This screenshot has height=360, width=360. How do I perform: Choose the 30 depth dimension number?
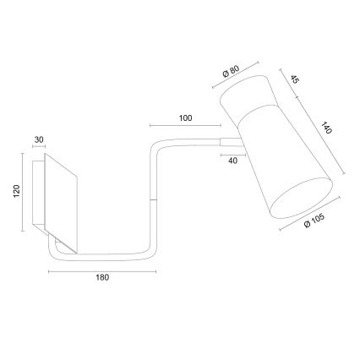[39, 140]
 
